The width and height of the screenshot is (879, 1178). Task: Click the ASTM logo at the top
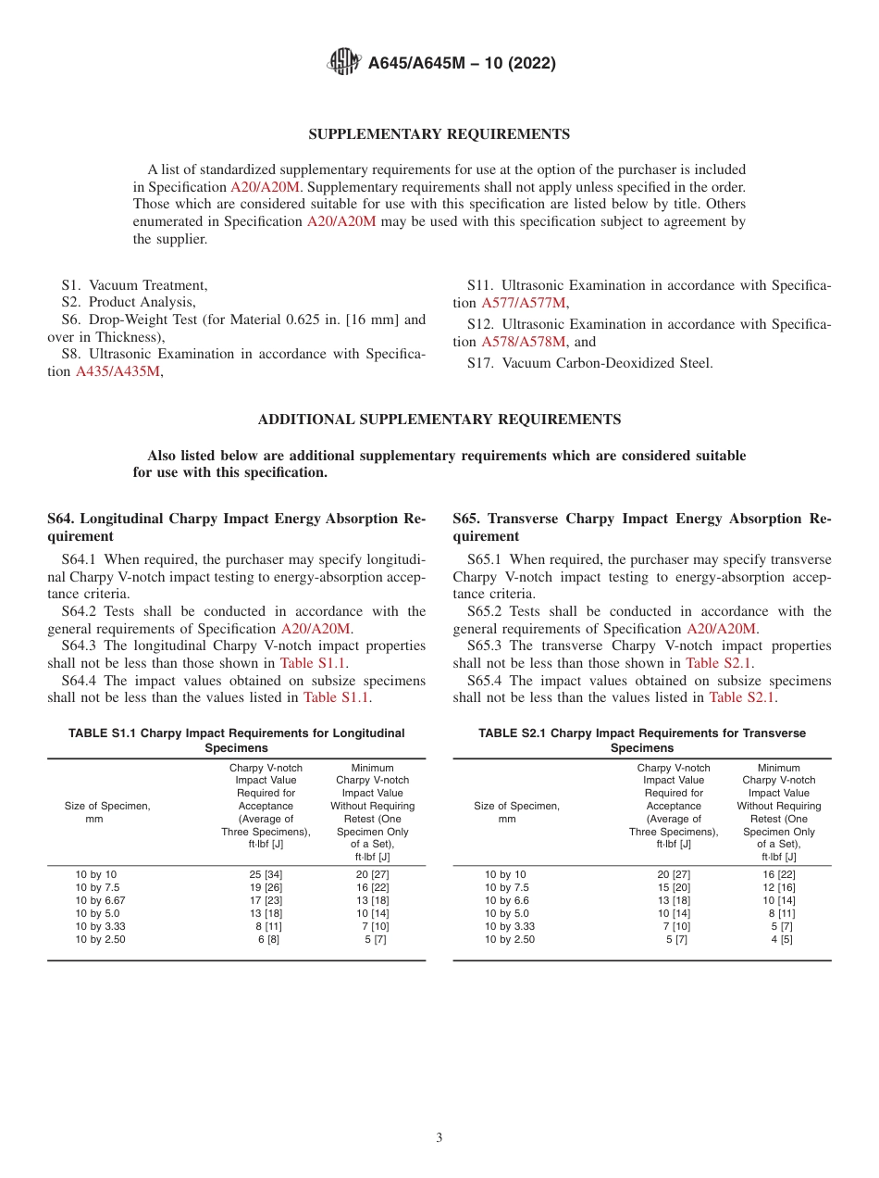[345, 63]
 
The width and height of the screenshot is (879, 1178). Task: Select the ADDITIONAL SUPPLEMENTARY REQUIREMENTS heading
[439, 420]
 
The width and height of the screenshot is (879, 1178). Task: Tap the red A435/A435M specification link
[118, 371]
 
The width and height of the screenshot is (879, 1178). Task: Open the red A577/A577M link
[524, 303]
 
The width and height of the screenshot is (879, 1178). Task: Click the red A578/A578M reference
[523, 342]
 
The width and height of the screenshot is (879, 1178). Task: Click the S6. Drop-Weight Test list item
[236, 320]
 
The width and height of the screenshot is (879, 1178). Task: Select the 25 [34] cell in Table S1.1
[266, 874]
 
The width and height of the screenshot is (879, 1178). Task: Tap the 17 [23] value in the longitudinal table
[266, 900]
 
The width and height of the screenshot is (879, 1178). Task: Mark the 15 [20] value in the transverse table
[674, 887]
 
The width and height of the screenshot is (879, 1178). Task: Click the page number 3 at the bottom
[439, 1138]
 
